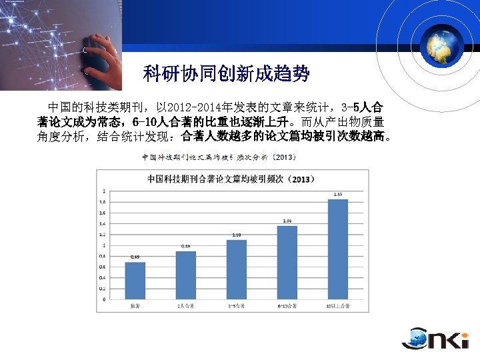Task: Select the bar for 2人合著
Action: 186,275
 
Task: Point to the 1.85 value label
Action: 338,194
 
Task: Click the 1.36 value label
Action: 287,221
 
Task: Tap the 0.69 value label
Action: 135,257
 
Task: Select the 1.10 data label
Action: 237,235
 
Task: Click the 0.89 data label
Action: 186,246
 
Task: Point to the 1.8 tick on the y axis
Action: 102,201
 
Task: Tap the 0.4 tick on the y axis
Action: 102,277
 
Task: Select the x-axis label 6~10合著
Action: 287,306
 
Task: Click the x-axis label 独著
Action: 135,306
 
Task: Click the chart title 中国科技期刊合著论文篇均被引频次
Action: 231,179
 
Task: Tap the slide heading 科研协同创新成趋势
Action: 227,74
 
